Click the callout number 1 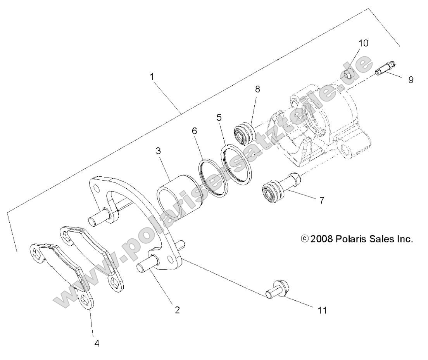(x=152, y=76)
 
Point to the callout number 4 (x=97, y=343)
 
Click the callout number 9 (x=411, y=80)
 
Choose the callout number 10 (x=363, y=43)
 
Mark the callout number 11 (x=322, y=310)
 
